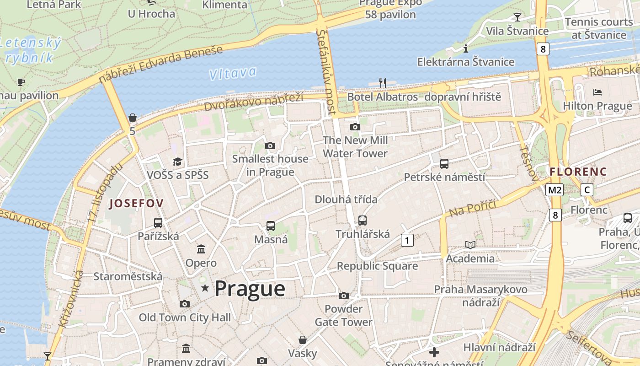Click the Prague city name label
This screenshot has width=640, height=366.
click(250, 289)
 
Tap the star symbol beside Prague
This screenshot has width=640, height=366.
click(205, 288)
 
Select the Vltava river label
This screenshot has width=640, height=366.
click(232, 73)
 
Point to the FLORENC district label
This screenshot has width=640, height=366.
click(578, 172)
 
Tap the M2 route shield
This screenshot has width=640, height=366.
click(555, 190)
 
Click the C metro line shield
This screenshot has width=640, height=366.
click(587, 190)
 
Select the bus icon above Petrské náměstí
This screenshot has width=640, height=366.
click(444, 163)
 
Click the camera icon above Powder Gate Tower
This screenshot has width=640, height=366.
click(344, 296)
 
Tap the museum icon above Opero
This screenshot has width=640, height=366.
click(201, 249)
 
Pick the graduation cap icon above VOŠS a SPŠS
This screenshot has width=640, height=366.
click(177, 161)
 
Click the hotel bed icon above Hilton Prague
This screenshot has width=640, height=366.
click(597, 92)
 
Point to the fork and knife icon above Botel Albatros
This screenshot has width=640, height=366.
click(383, 83)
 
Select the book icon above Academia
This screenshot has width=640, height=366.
click(470, 245)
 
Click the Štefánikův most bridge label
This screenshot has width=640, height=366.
click(326, 71)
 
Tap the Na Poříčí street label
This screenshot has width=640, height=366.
click(472, 209)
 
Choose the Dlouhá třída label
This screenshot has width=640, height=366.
click(346, 199)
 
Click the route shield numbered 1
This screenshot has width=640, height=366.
click(407, 240)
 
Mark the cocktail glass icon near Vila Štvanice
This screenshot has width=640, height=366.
click(517, 17)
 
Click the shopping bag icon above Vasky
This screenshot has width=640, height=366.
click(302, 340)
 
